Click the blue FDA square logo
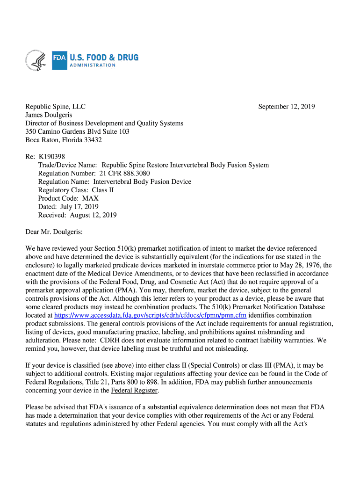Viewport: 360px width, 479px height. pos(59,60)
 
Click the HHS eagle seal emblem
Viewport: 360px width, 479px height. pos(36,60)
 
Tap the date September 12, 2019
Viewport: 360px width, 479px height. pos(287,107)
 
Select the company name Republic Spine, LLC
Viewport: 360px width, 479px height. pos(55,107)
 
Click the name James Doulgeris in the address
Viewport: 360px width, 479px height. pos(49,115)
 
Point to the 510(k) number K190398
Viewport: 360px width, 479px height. pos(51,156)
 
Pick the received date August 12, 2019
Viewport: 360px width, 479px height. pos(93,215)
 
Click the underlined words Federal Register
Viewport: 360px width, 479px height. pos(135,391)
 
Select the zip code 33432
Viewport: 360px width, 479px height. pos(93,140)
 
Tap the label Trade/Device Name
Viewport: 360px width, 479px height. pos(67,165)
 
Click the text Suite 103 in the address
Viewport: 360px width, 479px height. pos(116,131)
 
